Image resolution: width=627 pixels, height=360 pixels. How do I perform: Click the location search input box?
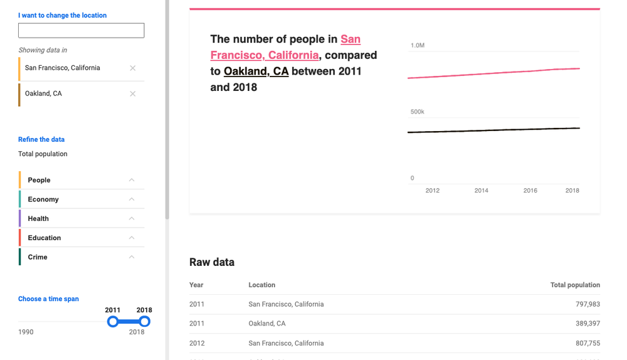tap(81, 30)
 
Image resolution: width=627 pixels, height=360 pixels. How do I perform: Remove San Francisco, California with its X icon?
tap(132, 68)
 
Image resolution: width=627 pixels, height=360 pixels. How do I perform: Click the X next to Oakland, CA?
tap(132, 93)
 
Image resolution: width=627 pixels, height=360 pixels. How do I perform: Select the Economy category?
tap(43, 199)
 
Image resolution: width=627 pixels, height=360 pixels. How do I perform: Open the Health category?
tap(38, 219)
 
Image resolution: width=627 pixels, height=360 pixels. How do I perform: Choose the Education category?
tap(45, 238)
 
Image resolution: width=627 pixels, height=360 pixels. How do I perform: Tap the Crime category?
tap(38, 257)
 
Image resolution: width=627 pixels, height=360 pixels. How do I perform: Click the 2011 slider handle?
tap(113, 322)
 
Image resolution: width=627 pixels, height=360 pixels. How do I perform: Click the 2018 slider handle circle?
tap(144, 322)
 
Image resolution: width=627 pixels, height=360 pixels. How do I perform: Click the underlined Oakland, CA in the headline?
tap(256, 71)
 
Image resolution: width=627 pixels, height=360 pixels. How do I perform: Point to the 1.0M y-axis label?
tap(418, 46)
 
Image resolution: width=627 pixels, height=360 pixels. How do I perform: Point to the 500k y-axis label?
tap(418, 112)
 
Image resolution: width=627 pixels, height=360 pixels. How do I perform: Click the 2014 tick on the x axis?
tap(481, 190)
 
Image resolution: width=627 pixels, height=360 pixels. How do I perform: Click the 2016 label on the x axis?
tap(530, 190)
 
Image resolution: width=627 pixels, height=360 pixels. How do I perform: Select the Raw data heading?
tap(212, 262)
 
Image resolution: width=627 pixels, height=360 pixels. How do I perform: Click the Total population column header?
tap(575, 285)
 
